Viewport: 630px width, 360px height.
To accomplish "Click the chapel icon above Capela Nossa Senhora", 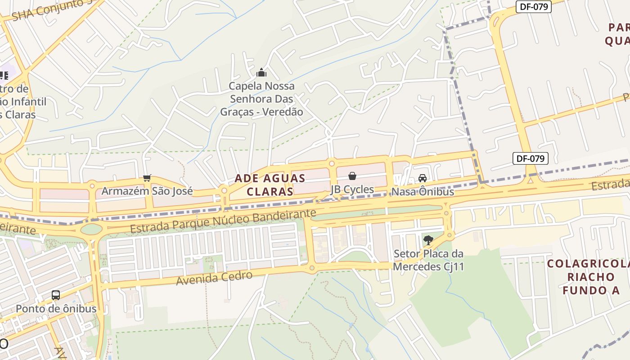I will tap(261, 72).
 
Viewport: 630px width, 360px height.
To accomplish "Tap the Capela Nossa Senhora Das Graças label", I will tap(261, 99).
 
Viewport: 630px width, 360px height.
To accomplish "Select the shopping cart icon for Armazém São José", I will tap(147, 178).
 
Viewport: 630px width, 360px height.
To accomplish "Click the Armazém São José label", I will tap(147, 191).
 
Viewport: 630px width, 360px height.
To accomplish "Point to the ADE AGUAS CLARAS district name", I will tap(270, 185).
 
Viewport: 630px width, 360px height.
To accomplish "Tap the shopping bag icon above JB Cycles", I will tap(352, 176).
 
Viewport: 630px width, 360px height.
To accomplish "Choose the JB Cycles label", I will tap(352, 189).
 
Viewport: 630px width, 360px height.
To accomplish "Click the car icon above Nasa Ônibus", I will tap(423, 178).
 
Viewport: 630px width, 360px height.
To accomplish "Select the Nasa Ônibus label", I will tap(423, 192).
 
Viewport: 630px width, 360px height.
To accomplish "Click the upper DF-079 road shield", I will tap(533, 6).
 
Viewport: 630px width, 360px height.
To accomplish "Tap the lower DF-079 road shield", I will tap(531, 158).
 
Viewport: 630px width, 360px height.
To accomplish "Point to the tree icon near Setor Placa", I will tap(428, 240).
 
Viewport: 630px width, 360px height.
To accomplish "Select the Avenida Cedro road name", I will tap(214, 278).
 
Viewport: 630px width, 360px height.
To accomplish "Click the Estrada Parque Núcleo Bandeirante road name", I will tap(223, 221).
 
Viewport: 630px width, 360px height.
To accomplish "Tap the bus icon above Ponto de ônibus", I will tap(56, 295).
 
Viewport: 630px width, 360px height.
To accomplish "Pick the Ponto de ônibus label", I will tap(56, 309).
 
